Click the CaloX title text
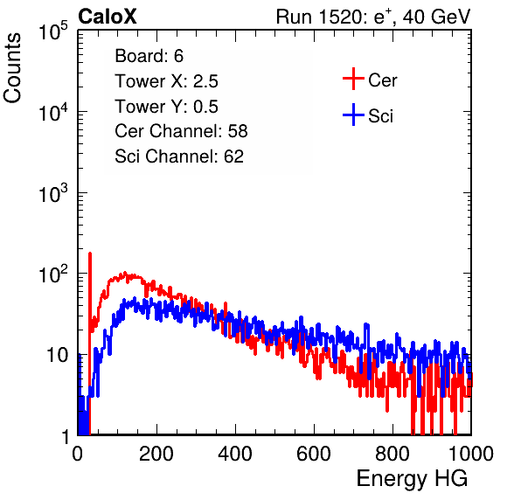pyautogui.click(x=108, y=17)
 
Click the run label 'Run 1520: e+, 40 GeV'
pyautogui.click(x=373, y=17)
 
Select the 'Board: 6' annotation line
pyautogui.click(x=149, y=56)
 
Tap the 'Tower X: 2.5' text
pyautogui.click(x=166, y=81)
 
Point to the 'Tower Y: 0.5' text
pyautogui.click(x=166, y=107)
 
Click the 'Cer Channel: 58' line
pyautogui.click(x=181, y=131)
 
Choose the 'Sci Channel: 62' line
pyautogui.click(x=179, y=156)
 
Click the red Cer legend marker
pyautogui.click(x=353, y=79)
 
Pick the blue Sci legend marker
pyautogui.click(x=353, y=115)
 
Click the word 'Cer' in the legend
pyautogui.click(x=382, y=80)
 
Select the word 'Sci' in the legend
pyautogui.click(x=381, y=116)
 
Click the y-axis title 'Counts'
pyautogui.click(x=12, y=68)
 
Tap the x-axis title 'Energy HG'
pyautogui.click(x=412, y=479)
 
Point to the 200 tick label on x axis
pyautogui.click(x=156, y=454)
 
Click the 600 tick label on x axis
pyautogui.click(x=314, y=454)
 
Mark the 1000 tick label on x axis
pyautogui.click(x=471, y=454)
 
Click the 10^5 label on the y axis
pyautogui.click(x=53, y=31)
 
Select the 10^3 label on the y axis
pyautogui.click(x=53, y=194)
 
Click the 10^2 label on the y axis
pyautogui.click(x=53, y=275)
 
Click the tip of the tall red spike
pyautogui.click(x=90, y=253)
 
